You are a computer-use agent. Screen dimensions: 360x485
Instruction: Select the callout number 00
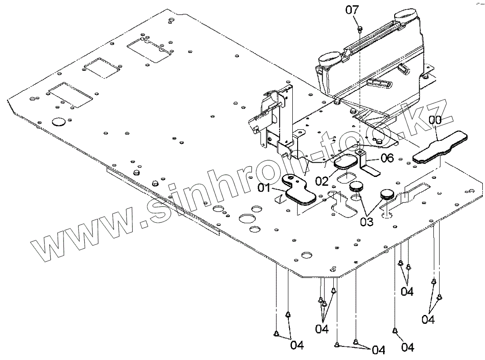coord(435,120)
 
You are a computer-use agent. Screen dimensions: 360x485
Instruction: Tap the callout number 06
coord(387,158)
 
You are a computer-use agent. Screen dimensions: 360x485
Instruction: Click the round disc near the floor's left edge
coord(59,121)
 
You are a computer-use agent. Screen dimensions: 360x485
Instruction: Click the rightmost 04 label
coord(428,319)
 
